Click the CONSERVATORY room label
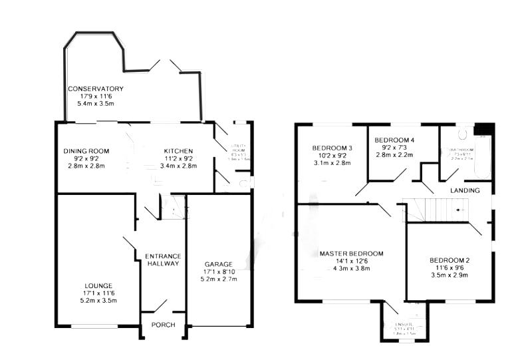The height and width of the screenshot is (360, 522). click(x=95, y=89)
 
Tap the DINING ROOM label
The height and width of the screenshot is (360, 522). click(x=86, y=151)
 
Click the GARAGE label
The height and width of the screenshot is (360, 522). click(x=219, y=264)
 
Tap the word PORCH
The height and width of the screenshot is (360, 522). click(x=163, y=325)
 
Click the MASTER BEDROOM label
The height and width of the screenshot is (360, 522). click(x=351, y=254)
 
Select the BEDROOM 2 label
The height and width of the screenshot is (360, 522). click(x=450, y=260)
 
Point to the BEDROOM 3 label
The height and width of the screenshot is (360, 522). click(x=332, y=148)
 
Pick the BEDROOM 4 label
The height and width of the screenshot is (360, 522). click(x=394, y=140)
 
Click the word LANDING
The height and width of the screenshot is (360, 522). click(x=465, y=191)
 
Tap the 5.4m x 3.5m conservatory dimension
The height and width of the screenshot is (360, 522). click(x=96, y=104)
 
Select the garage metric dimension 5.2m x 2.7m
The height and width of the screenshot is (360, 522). click(x=219, y=279)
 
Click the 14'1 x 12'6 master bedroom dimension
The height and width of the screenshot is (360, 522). click(x=351, y=262)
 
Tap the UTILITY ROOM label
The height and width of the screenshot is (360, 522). click(x=238, y=148)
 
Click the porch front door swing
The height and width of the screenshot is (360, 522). click(x=158, y=306)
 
